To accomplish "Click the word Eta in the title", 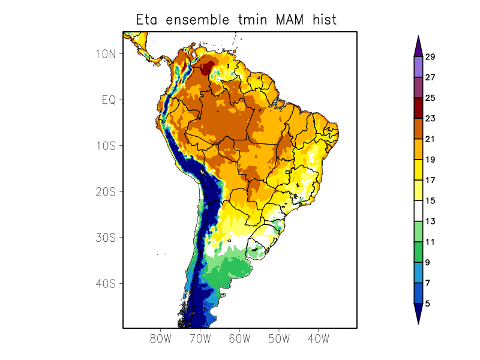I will (x=147, y=20).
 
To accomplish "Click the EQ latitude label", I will (x=109, y=100).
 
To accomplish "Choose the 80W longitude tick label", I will (x=161, y=338).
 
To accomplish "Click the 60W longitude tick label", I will (x=239, y=338).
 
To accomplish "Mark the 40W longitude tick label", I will (x=318, y=338).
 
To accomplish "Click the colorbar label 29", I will (x=430, y=57).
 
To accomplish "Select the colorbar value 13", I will (x=430, y=221).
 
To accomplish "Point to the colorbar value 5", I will (x=427, y=304).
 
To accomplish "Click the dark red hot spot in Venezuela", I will (x=209, y=67).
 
